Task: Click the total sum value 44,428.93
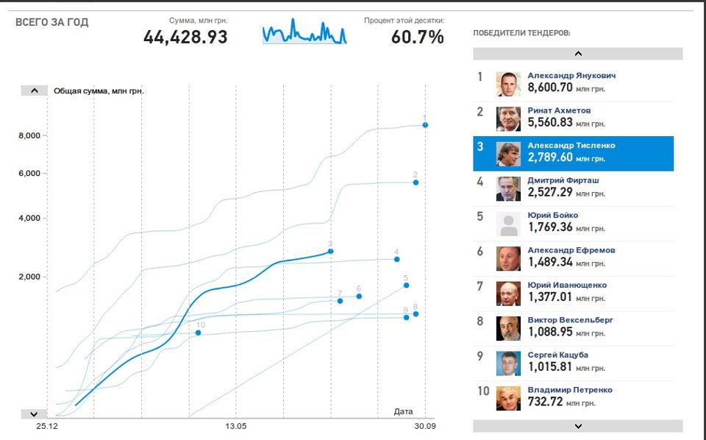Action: [185, 37]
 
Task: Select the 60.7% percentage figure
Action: [417, 37]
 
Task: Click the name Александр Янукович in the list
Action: [571, 76]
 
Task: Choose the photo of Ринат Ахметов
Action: [508, 119]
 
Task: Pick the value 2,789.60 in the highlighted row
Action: [550, 157]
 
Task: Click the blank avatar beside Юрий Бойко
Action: [508, 224]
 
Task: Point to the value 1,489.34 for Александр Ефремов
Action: [550, 262]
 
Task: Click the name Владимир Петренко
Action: [569, 390]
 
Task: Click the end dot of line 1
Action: [425, 125]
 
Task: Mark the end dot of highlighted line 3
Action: [330, 252]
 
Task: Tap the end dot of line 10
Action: [198, 333]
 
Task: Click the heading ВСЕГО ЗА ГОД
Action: [52, 23]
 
